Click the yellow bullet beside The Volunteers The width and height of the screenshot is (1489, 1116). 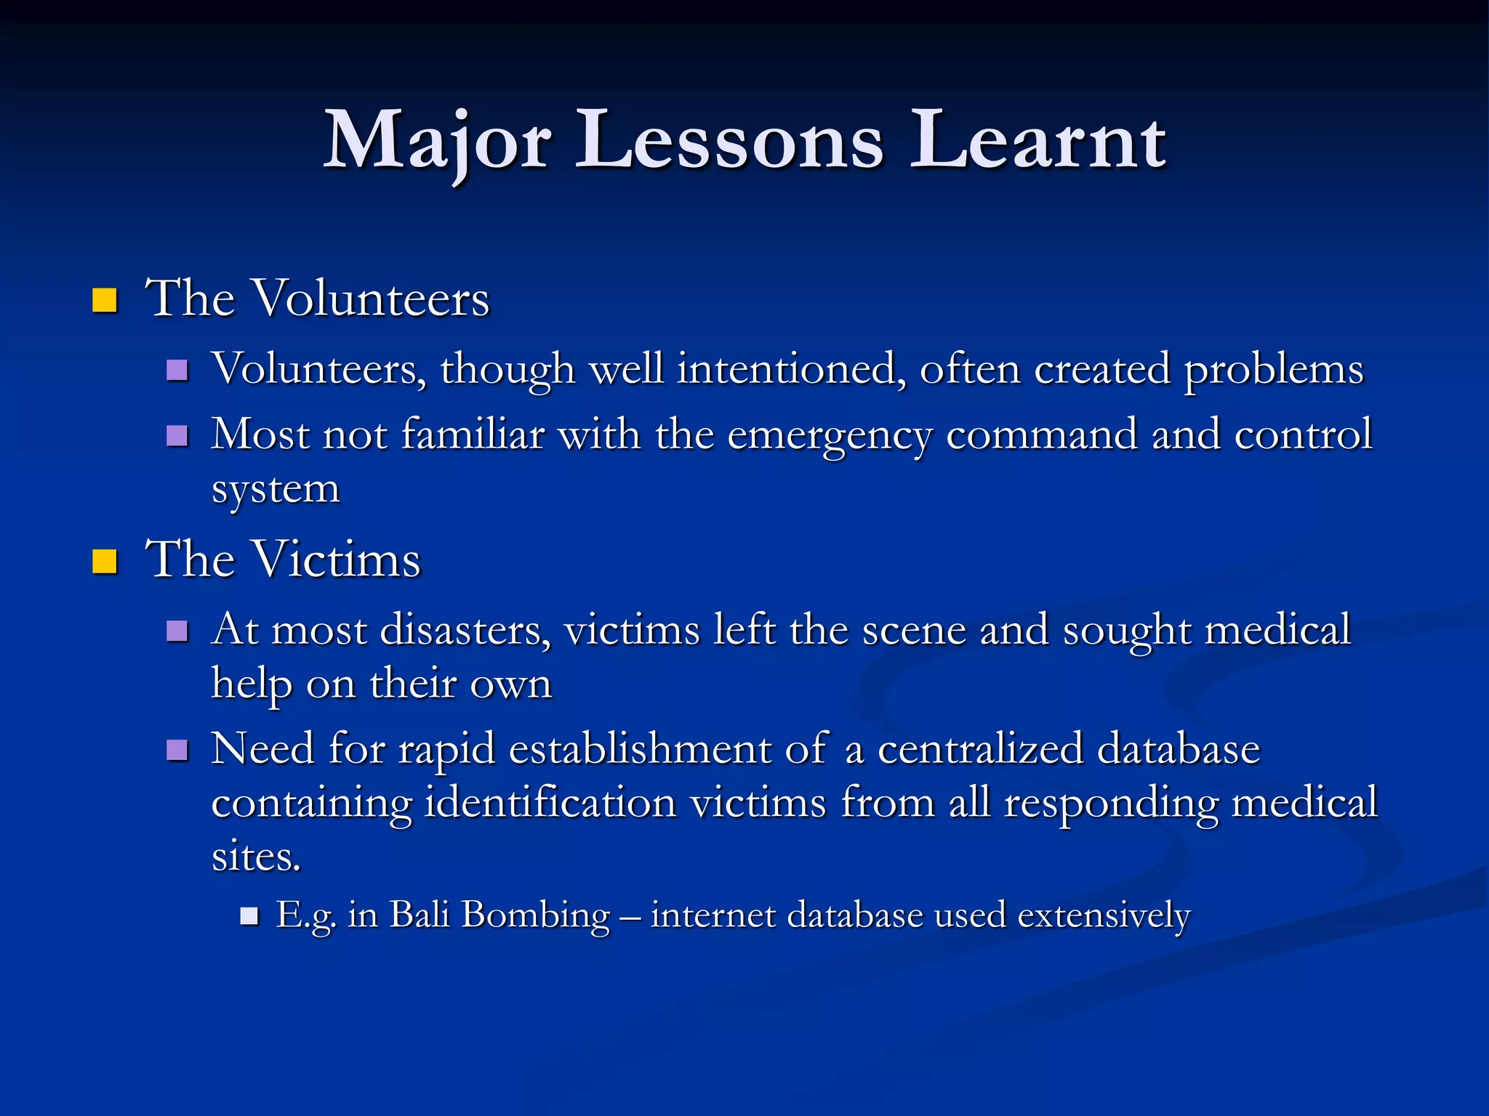coord(105,300)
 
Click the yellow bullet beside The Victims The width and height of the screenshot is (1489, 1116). coord(105,562)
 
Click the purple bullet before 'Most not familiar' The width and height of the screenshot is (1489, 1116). coord(177,436)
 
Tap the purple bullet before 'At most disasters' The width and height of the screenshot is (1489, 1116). coord(177,631)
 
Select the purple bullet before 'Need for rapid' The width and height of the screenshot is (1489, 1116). coord(177,750)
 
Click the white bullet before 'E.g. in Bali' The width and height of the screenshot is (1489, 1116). coord(249,915)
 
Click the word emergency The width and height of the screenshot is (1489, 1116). coord(829,436)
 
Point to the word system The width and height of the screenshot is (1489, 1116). coord(276,490)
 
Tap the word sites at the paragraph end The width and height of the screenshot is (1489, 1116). coord(254,857)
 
